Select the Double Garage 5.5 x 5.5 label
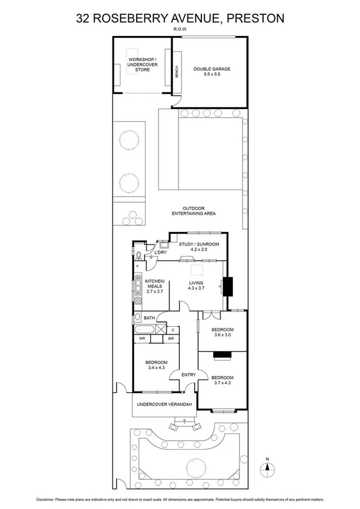point(211,72)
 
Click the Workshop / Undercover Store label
point(142,65)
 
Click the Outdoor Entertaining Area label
point(193,211)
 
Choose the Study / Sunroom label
point(199,248)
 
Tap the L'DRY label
point(161,253)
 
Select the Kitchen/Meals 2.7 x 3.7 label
point(154,286)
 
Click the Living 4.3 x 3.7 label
point(197,285)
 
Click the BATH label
point(149,318)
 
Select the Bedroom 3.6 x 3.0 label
point(222,333)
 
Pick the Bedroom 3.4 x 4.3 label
point(155,365)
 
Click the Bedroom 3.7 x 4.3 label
point(222,380)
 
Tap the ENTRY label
point(188,375)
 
